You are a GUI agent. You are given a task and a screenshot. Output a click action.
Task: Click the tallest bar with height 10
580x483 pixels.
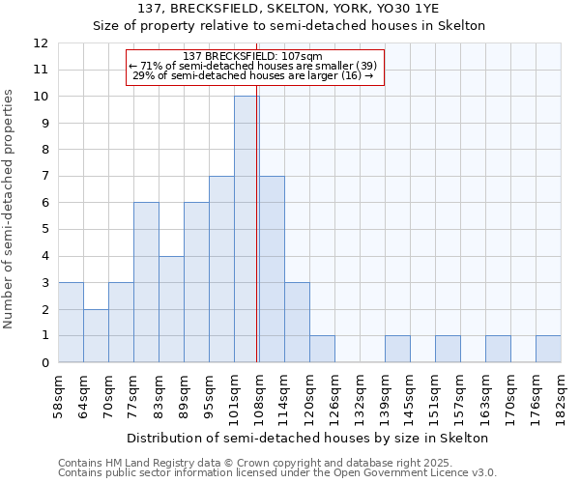pos(246,229)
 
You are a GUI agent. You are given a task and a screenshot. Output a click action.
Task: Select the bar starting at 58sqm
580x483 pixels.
pos(71,323)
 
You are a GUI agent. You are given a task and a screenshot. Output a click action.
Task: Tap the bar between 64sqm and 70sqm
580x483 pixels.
pos(96,336)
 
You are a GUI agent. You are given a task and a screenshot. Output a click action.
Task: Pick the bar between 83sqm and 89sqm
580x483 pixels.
pos(171,309)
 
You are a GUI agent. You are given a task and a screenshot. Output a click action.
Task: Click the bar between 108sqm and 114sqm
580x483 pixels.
pos(272,270)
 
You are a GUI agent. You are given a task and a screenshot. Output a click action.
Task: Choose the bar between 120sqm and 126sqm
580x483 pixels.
pos(322,349)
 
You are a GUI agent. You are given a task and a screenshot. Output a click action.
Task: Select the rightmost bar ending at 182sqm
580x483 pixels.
pos(548,349)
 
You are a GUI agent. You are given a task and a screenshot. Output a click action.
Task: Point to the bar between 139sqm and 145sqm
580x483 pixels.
pos(397,349)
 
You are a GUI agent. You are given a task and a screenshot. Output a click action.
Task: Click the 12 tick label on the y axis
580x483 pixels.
pos(41,43)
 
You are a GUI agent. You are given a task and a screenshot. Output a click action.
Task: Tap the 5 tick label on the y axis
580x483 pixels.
pos(44,230)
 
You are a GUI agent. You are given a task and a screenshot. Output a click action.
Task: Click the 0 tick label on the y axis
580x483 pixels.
pos(44,362)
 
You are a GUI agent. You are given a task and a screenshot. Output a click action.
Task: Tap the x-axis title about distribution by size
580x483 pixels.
pos(308,438)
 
